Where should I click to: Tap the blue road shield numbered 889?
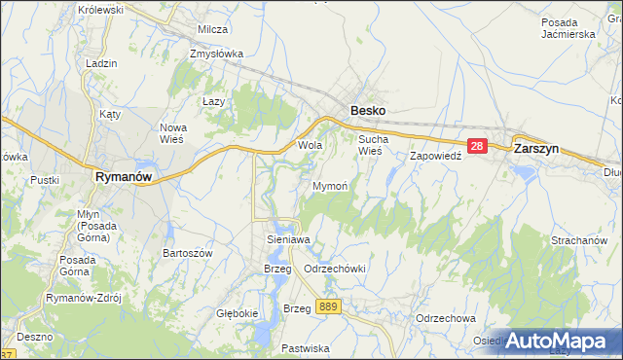pos(328,306)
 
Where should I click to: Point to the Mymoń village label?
pos(330,185)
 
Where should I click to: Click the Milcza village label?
pos(212,29)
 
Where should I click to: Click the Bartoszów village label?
pos(187,253)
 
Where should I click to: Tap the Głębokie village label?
pos(237,313)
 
